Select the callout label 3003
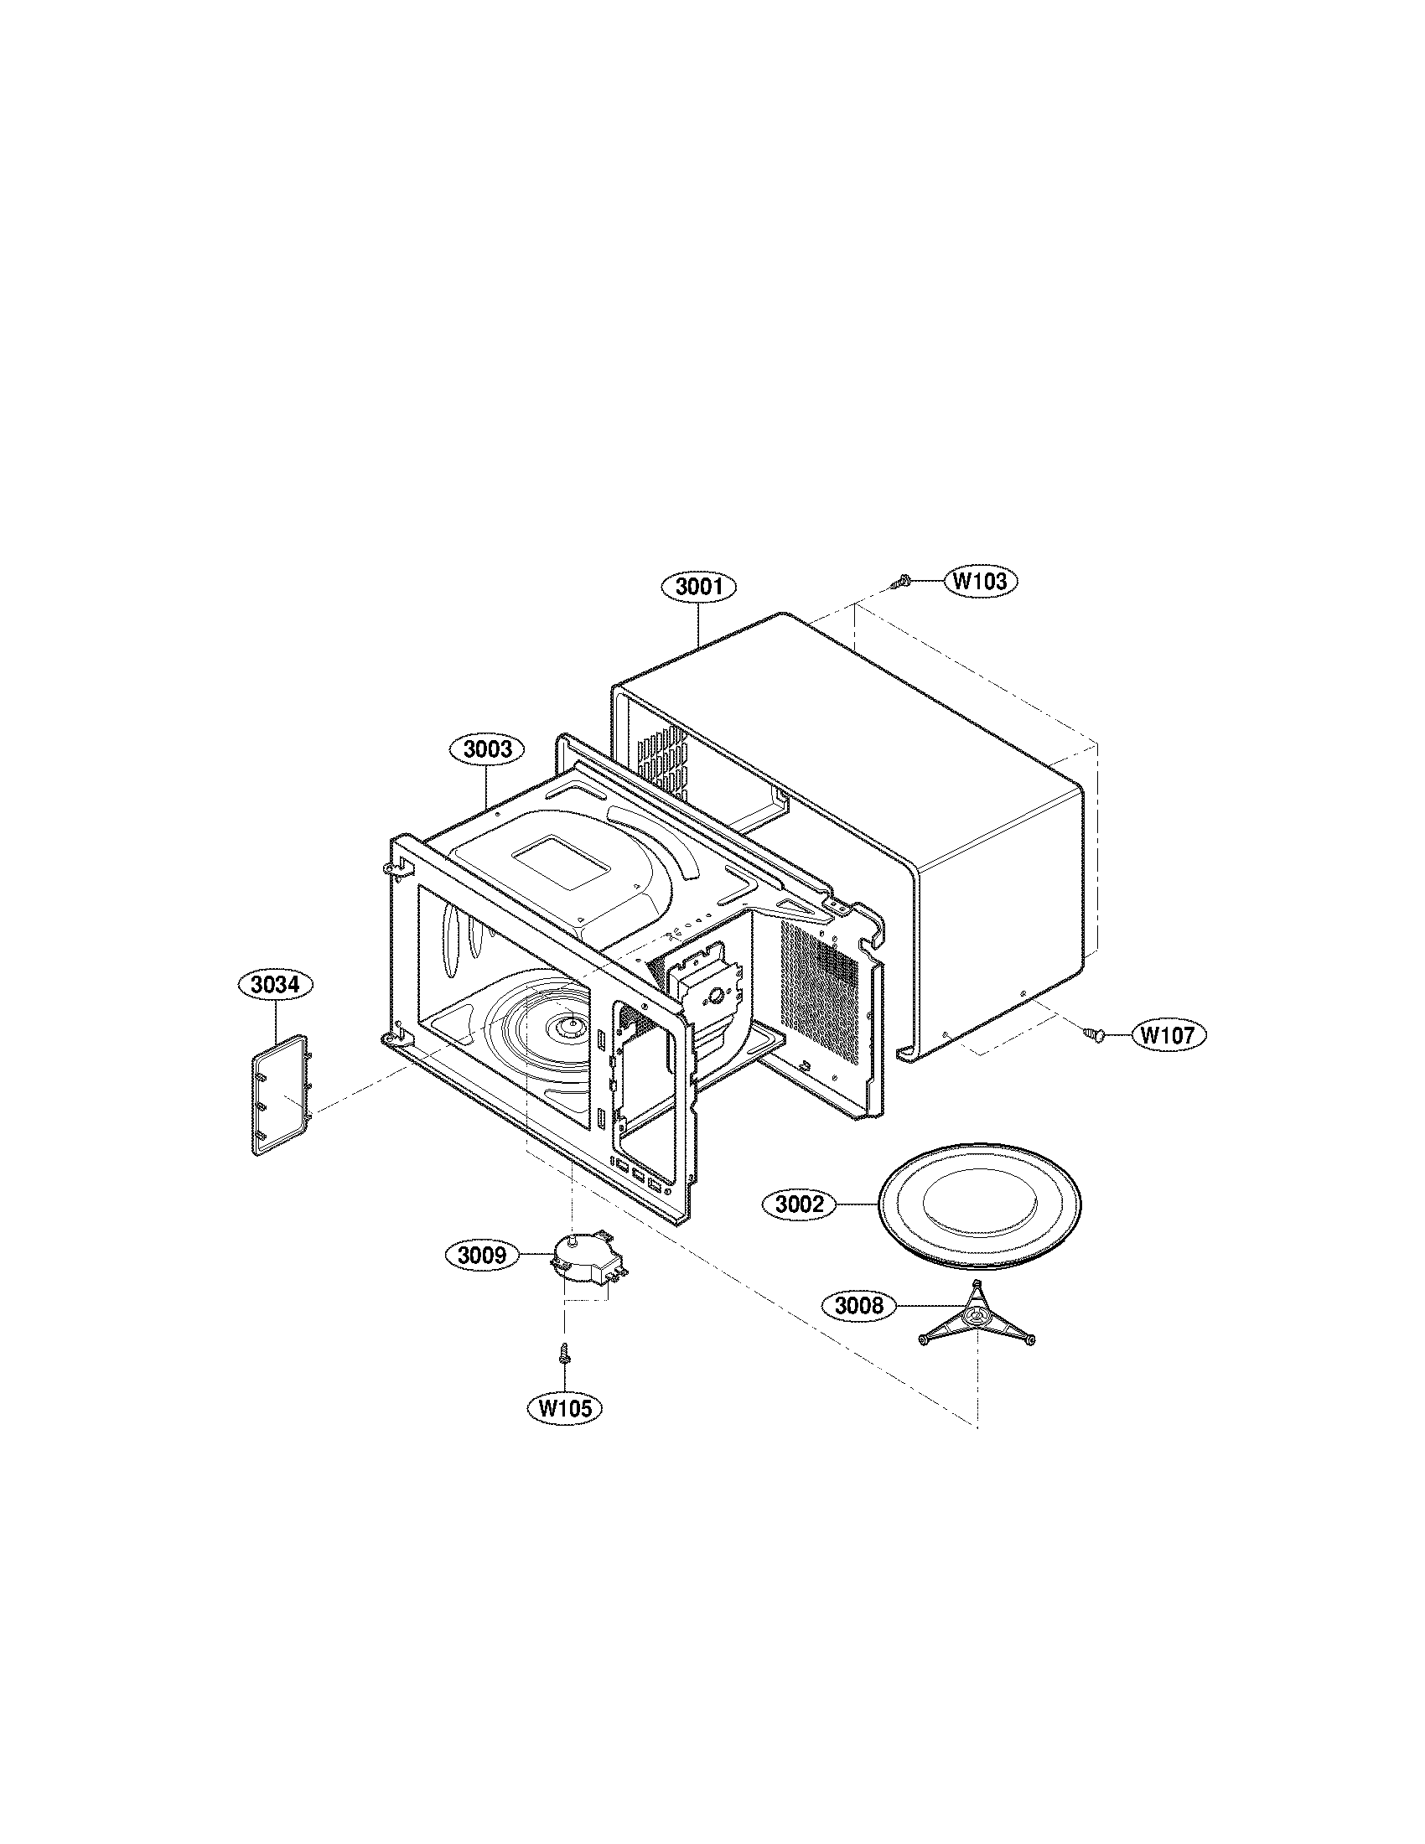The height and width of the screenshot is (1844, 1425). click(488, 748)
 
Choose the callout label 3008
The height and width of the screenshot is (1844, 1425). click(858, 1306)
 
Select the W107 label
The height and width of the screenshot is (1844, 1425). click(1168, 1035)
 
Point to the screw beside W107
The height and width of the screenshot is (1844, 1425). click(1095, 1032)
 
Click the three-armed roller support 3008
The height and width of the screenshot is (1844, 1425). click(976, 1322)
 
